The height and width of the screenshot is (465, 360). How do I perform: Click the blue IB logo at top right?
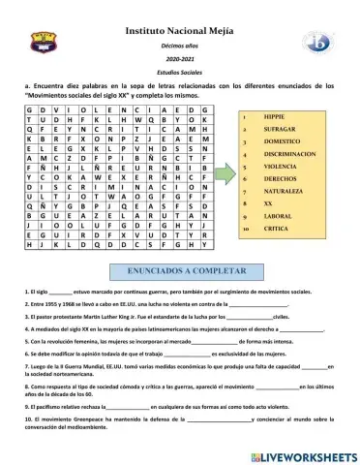(x=316, y=44)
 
